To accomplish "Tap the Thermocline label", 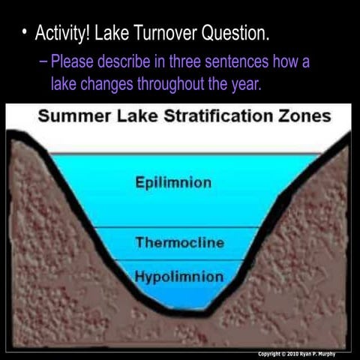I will tap(180, 242).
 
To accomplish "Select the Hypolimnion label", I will tap(179, 277).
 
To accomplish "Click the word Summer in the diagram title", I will tap(73, 117).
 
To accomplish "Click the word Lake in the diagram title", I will tap(126, 117).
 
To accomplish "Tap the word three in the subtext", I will tap(192, 61).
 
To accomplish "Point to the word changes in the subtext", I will tap(107, 83).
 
